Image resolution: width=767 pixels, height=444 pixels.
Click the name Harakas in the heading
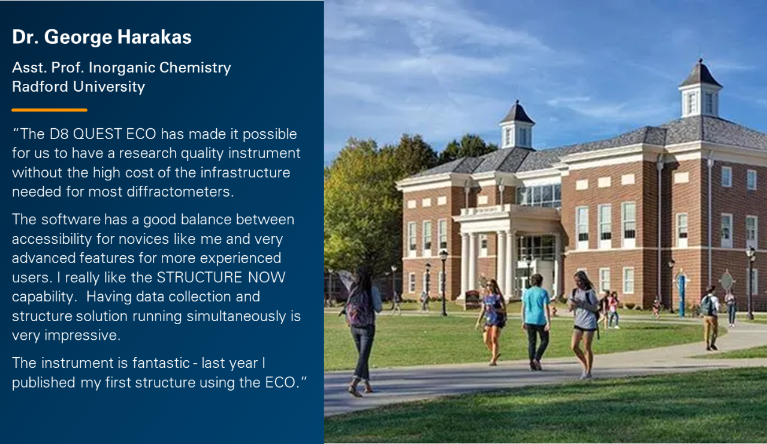click(154, 37)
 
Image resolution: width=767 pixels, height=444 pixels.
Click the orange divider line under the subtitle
click(49, 110)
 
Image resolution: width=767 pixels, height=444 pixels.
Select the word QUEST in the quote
click(97, 134)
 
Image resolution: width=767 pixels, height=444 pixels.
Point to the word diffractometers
click(180, 191)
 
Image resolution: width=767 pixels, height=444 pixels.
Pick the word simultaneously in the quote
click(236, 316)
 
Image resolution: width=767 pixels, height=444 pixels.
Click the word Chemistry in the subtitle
click(195, 68)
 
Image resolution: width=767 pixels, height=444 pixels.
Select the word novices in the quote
click(144, 239)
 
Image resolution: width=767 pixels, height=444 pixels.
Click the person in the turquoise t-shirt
click(536, 322)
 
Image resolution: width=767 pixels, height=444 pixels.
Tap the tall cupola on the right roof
click(700, 89)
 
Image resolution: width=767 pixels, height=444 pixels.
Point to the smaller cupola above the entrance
click(517, 125)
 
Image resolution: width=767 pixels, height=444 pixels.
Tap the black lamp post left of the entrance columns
click(444, 283)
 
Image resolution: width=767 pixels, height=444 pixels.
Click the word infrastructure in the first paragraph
click(245, 173)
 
